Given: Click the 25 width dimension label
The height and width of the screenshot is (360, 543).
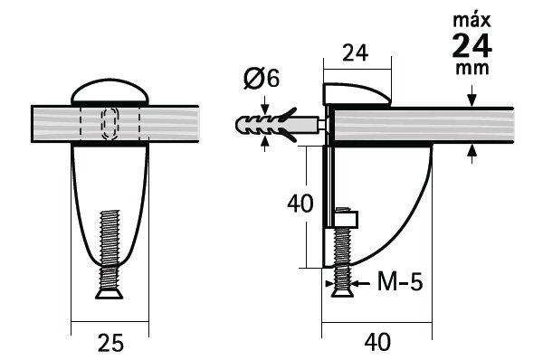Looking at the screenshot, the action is (x=110, y=343).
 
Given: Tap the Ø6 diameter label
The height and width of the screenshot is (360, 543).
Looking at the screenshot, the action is (x=262, y=78).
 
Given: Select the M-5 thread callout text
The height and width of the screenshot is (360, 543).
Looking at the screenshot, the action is (x=400, y=281).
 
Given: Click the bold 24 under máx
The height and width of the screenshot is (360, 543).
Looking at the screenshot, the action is (x=472, y=46).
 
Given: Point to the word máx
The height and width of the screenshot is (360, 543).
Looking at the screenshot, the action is (x=472, y=20).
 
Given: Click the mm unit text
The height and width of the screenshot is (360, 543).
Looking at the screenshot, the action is (x=472, y=68).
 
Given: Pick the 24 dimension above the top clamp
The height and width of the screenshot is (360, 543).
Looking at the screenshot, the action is (x=356, y=53).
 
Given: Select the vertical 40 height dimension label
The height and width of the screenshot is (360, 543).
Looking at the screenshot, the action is (x=300, y=204).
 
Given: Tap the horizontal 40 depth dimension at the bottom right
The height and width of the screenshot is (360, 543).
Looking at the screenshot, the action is (x=377, y=342).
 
